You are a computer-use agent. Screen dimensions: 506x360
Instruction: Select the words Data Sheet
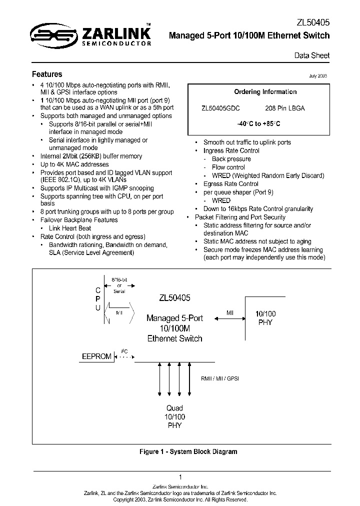click(311, 55)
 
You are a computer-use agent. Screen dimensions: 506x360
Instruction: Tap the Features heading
click(47, 74)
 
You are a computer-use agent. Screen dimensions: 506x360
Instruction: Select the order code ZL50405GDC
click(220, 108)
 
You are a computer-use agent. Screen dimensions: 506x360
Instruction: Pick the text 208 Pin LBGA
click(284, 108)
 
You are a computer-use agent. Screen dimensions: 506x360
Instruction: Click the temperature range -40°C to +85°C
click(259, 123)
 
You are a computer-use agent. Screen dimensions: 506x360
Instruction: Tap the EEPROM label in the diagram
click(96, 356)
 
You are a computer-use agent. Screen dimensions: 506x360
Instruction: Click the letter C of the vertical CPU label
click(98, 289)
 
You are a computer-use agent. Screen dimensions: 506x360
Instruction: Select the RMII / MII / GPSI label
click(220, 379)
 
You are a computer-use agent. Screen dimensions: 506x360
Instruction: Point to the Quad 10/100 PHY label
click(175, 416)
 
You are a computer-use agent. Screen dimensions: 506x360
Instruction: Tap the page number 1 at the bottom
click(180, 477)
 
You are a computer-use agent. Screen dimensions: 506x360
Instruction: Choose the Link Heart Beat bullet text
click(69, 228)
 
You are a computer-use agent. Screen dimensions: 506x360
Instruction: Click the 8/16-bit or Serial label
click(119, 284)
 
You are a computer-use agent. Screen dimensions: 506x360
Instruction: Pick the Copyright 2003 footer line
click(180, 499)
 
